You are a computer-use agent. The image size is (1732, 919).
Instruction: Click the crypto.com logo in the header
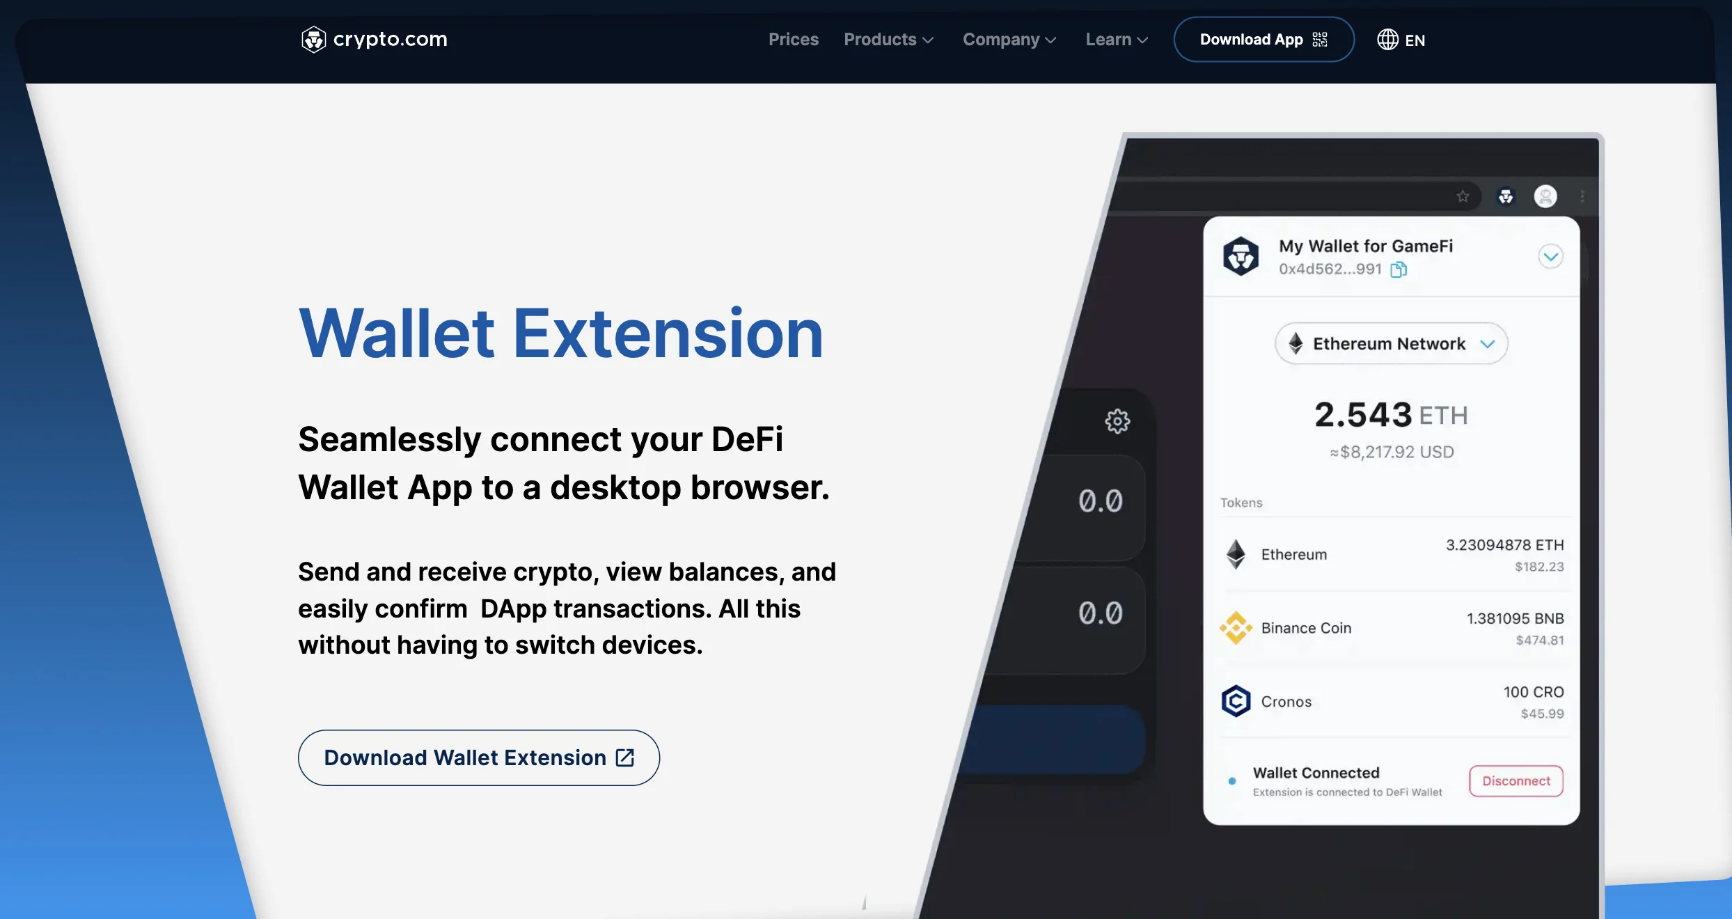click(x=374, y=40)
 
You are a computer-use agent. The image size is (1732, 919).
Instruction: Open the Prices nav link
click(x=793, y=40)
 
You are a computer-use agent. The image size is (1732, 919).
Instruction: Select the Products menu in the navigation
click(x=888, y=40)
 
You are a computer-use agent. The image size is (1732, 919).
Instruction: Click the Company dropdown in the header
click(x=1009, y=40)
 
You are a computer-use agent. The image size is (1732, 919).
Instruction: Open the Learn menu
click(x=1116, y=40)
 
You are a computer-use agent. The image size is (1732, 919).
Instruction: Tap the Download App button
click(x=1263, y=40)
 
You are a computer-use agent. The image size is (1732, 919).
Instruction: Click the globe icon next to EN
click(x=1387, y=40)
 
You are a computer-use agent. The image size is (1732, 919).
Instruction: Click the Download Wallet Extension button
click(x=478, y=757)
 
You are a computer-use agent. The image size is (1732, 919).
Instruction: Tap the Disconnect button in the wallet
click(x=1515, y=781)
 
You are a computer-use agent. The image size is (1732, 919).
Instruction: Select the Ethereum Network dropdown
click(x=1391, y=344)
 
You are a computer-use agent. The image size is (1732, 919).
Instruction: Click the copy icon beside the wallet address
click(x=1399, y=269)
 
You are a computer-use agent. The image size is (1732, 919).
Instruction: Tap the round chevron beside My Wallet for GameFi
click(x=1550, y=257)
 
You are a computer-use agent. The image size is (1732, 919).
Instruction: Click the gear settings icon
click(x=1117, y=421)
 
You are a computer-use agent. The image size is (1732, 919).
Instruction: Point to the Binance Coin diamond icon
click(x=1236, y=628)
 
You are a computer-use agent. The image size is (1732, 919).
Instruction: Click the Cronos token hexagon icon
click(x=1236, y=701)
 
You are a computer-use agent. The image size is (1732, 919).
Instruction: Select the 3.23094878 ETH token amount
click(x=1504, y=545)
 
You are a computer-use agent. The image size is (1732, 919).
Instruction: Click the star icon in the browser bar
click(x=1463, y=197)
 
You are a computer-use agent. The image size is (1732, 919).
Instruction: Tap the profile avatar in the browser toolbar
click(x=1545, y=197)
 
